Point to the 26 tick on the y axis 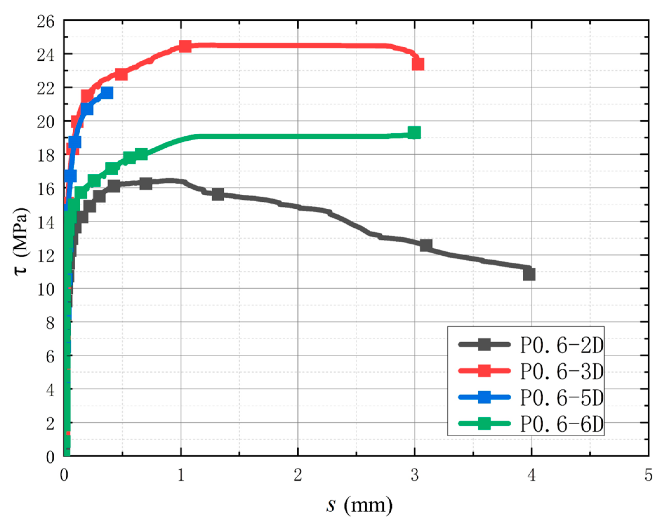(45, 22)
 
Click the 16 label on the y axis (45, 189)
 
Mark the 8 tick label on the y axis (50, 323)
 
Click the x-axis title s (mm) (359, 505)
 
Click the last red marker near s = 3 (418, 64)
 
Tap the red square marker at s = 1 (185, 46)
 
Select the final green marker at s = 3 (414, 133)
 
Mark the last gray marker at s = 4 (529, 274)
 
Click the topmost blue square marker (107, 93)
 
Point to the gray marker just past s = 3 (426, 245)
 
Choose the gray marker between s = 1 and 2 (218, 194)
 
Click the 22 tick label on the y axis (45, 89)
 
